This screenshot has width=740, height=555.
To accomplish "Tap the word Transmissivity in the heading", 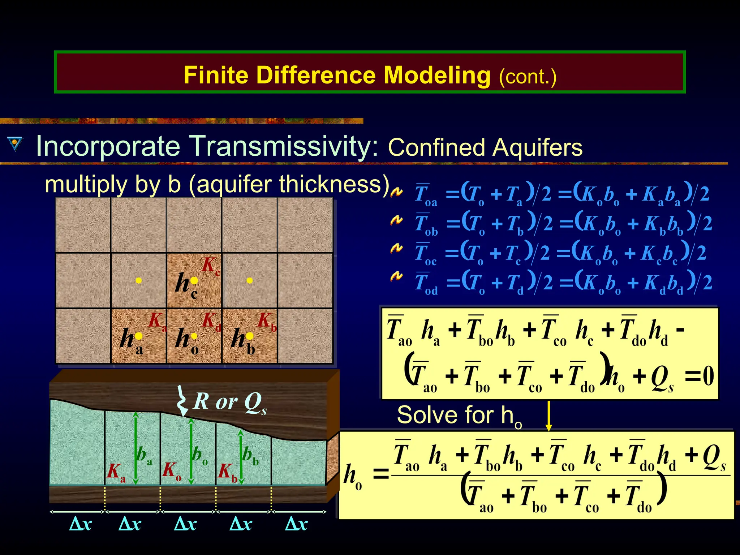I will (x=284, y=146).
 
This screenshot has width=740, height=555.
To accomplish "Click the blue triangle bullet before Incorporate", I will (x=15, y=144).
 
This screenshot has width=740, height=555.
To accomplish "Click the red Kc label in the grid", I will (x=211, y=266).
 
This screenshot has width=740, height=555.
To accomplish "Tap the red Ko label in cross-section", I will (x=171, y=472).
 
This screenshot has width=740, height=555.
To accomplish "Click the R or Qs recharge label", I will (x=230, y=403).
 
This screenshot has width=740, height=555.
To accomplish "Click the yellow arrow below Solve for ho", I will (x=548, y=416).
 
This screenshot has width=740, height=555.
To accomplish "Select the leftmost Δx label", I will (x=80, y=524).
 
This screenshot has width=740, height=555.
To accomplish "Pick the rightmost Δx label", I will (x=296, y=524).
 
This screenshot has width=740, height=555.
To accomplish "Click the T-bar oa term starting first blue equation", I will (x=426, y=195).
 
